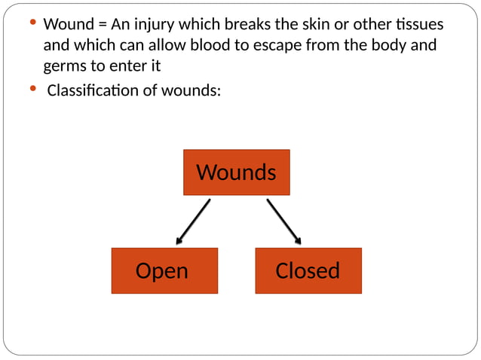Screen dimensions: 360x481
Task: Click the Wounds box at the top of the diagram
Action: (x=236, y=172)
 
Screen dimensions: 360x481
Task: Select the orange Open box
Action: (x=164, y=270)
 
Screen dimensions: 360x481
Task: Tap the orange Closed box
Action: (x=308, y=270)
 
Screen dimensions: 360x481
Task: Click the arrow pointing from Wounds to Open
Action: (x=193, y=221)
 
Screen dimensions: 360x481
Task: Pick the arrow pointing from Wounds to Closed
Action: (x=283, y=221)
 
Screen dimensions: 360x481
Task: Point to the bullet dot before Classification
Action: (x=32, y=90)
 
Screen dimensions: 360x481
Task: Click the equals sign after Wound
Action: (x=103, y=25)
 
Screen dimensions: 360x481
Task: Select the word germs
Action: (x=66, y=66)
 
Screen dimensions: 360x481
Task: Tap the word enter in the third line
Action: (x=126, y=66)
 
